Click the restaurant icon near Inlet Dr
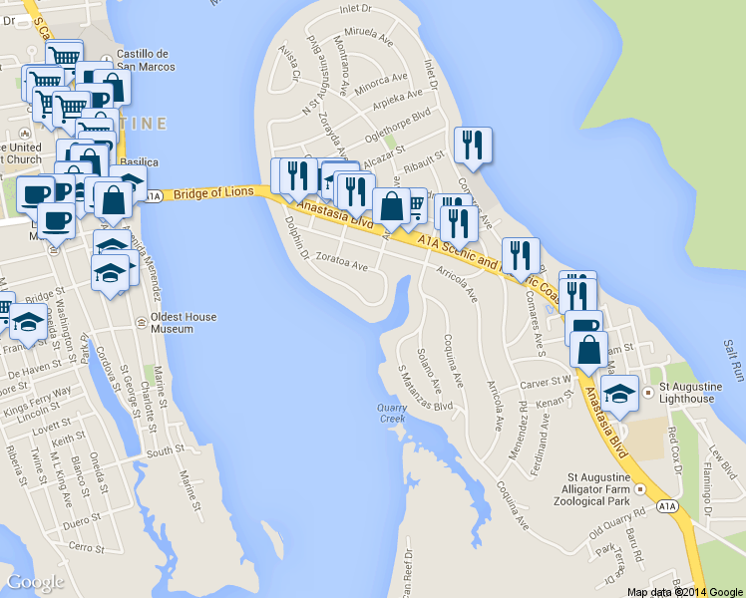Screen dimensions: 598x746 pyautogui.click(x=471, y=145)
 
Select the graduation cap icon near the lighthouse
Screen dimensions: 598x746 pyautogui.click(x=619, y=392)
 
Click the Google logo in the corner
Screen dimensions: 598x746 pyautogui.click(x=35, y=582)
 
